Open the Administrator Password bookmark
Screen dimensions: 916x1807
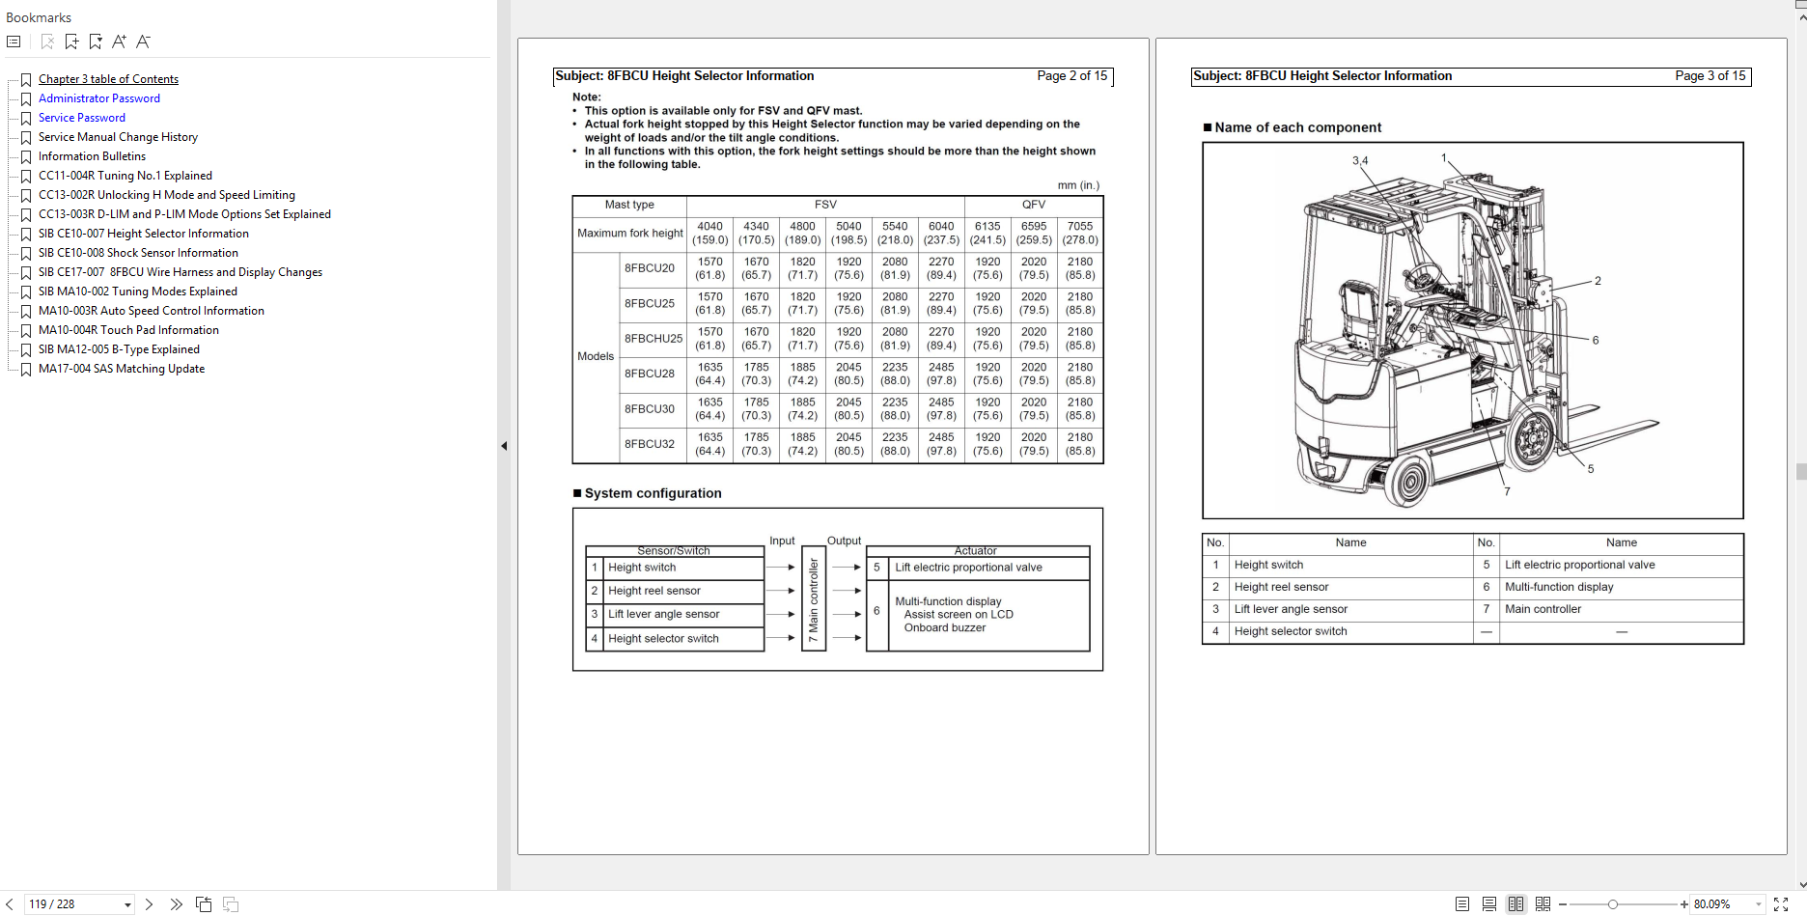[98, 98]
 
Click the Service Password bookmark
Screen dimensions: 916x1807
[81, 118]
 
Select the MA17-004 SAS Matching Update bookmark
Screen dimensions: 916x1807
[121, 369]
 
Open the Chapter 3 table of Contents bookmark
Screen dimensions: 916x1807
[108, 79]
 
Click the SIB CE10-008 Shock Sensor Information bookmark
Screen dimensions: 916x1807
[138, 253]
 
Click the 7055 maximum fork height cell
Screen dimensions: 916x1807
[1079, 234]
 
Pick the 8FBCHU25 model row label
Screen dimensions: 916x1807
[653, 339]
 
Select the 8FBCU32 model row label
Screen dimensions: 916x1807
[649, 444]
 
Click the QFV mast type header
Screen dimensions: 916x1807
[1033, 205]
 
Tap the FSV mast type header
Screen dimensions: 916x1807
[825, 205]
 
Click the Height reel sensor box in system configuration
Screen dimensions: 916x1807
[654, 591]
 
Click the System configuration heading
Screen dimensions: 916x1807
[653, 493]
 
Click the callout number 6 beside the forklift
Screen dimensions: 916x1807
[1596, 340]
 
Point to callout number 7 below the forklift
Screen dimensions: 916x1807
[1507, 491]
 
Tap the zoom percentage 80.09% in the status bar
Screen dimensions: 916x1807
[1711, 904]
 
